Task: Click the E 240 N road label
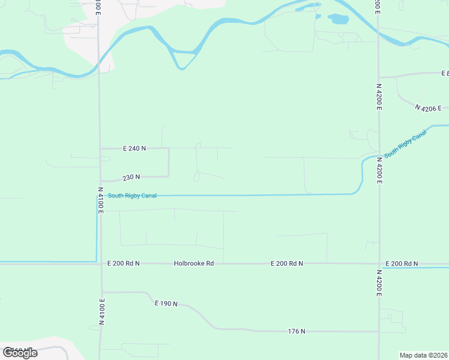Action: (134, 148)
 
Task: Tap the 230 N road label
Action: (131, 177)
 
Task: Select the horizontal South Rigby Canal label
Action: (132, 196)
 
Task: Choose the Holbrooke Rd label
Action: (194, 263)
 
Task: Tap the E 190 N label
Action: (166, 304)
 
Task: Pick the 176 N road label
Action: (297, 331)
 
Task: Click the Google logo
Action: (20, 353)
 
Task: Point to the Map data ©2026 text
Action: (424, 355)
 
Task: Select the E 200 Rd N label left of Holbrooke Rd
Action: (123, 263)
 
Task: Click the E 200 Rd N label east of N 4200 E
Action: (402, 263)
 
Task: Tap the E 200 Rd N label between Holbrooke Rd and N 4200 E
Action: (286, 263)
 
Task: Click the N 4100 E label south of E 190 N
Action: (102, 312)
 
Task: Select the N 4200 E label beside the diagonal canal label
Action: (379, 169)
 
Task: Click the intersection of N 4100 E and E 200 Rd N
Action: (100, 263)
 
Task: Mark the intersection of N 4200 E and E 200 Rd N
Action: (379, 263)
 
